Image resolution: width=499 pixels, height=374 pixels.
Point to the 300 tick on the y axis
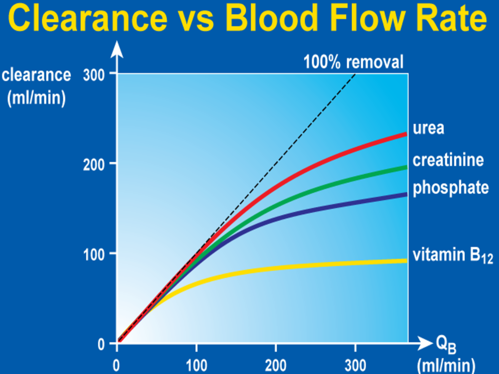tap(96, 74)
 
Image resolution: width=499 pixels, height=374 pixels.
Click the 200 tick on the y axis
tap(96, 164)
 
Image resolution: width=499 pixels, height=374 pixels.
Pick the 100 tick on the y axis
tap(96, 254)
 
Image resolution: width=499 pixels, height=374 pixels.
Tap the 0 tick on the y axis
tap(101, 344)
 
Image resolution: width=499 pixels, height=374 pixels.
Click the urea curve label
tap(428, 129)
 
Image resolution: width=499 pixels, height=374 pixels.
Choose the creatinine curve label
tap(448, 160)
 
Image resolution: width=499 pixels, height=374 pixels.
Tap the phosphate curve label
tap(451, 188)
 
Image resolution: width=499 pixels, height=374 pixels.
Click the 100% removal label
tap(354, 62)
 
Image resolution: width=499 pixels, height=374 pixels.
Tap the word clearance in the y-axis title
tap(36, 75)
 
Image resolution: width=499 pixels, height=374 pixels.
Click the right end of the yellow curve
tap(406, 261)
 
